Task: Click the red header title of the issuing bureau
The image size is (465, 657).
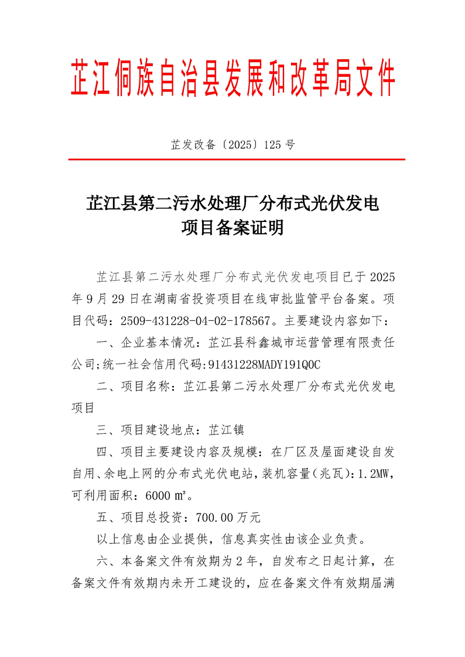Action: pos(232,78)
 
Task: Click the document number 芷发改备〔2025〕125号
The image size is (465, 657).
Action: pos(232,144)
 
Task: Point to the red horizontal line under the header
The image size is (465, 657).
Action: pos(237,159)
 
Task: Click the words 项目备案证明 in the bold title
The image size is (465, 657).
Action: pos(232,228)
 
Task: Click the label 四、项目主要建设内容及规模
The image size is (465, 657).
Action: pos(176,452)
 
